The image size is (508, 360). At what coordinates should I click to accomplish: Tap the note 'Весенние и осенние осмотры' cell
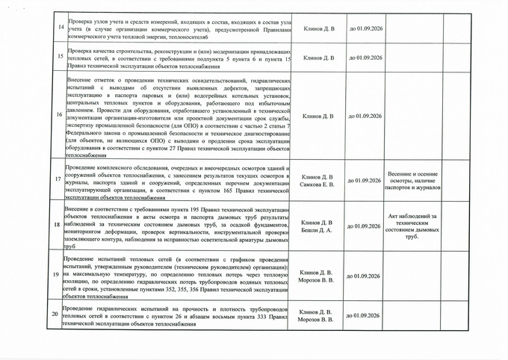coord(415,180)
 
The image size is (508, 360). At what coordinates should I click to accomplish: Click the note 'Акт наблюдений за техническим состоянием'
coord(415,226)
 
